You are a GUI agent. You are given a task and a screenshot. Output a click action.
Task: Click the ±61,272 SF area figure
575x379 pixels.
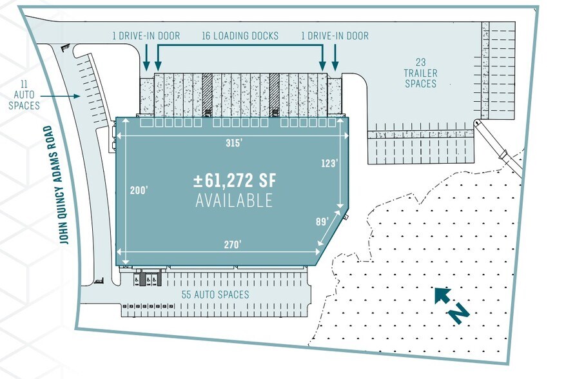(x=234, y=180)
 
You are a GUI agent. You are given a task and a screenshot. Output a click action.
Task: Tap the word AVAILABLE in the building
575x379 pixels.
(x=234, y=200)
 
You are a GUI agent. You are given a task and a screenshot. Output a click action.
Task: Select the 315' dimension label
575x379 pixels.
(x=233, y=142)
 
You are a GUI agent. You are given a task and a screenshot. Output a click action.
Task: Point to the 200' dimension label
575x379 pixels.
(x=139, y=191)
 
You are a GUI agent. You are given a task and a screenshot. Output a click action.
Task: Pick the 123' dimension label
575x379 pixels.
(x=329, y=164)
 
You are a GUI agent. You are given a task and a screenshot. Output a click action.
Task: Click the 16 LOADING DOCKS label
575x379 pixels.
(x=240, y=35)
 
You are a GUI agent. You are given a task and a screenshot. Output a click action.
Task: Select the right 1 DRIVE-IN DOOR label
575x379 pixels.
(x=335, y=35)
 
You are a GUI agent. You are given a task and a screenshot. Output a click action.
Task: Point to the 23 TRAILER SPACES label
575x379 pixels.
(x=420, y=73)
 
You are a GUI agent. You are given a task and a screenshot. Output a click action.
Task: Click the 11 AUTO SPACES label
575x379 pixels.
(x=26, y=95)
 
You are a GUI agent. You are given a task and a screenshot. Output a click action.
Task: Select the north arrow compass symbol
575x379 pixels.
(x=442, y=296)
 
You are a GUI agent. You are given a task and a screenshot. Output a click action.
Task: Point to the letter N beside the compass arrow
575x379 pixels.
(x=458, y=313)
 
